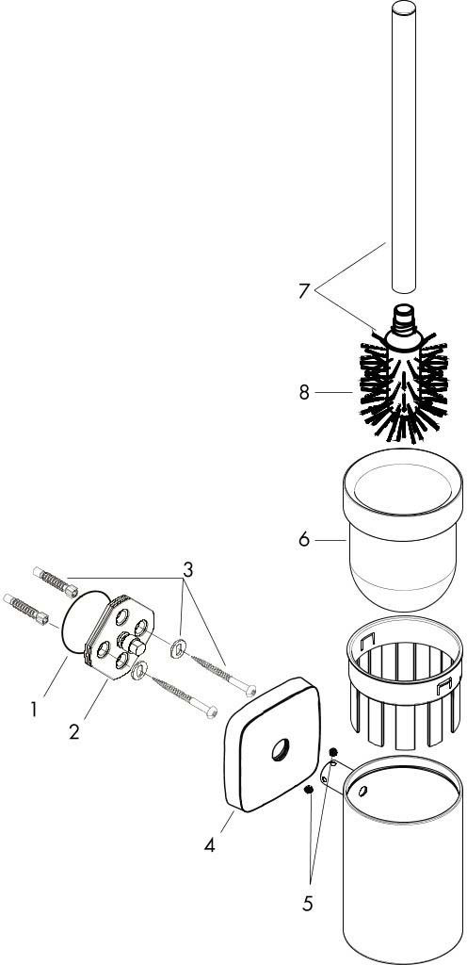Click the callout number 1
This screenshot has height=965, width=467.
34,710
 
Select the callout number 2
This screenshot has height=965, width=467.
74,731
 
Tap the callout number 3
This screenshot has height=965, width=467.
188,569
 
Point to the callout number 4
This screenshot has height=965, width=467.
210,845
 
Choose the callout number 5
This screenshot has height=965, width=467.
307,904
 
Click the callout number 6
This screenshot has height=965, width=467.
304,540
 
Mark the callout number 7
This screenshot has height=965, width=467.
303,291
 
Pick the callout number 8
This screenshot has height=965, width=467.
304,392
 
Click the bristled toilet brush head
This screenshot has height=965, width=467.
404,385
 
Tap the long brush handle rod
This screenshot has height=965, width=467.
404,146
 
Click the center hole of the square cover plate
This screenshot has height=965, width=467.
280,749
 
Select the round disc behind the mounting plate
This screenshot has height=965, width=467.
86,622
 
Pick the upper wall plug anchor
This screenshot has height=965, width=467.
56,581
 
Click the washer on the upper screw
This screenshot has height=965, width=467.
178,646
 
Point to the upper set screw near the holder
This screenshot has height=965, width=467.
333,753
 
